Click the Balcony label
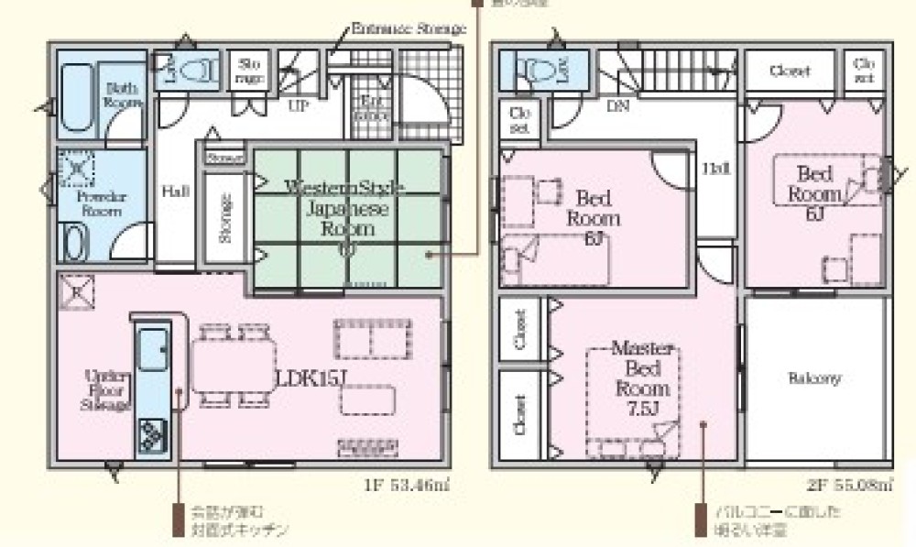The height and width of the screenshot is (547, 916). click(814, 378)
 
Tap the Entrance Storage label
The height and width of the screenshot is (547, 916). click(409, 28)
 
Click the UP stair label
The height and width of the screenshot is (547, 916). click(299, 105)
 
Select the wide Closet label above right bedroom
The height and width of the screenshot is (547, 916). click(789, 71)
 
